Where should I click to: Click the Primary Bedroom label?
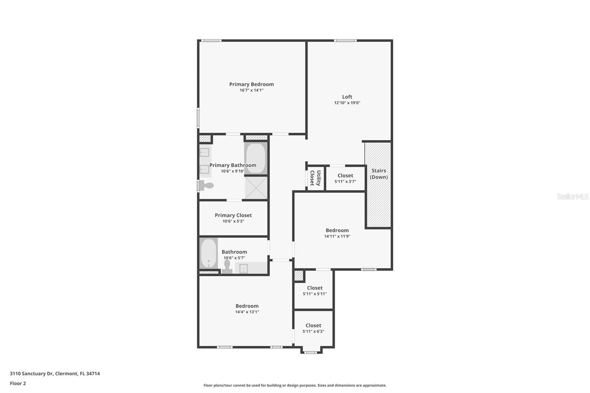click(x=251, y=84)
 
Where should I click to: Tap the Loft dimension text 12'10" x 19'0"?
click(x=347, y=103)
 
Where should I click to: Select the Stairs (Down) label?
click(x=379, y=174)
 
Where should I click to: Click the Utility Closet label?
click(x=315, y=178)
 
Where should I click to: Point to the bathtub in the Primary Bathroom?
click(x=255, y=158)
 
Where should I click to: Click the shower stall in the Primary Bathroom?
click(x=256, y=188)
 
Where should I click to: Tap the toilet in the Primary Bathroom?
click(x=207, y=185)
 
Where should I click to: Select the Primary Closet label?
click(x=233, y=215)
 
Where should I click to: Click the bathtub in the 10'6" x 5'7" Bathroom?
click(x=208, y=254)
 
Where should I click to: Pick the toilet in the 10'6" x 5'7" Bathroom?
click(x=227, y=266)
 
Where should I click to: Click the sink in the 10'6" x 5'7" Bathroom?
click(x=243, y=269)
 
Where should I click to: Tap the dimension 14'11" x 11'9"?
click(x=337, y=236)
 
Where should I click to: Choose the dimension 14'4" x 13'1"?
click(x=247, y=312)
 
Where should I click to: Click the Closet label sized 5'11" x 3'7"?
click(x=345, y=176)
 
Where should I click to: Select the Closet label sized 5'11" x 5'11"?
click(x=315, y=288)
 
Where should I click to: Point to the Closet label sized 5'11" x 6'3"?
click(x=313, y=326)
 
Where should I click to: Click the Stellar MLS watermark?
click(x=572, y=196)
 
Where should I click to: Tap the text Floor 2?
click(x=18, y=383)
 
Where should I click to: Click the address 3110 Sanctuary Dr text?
click(x=55, y=373)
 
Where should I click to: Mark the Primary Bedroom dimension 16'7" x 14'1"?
click(x=251, y=90)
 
